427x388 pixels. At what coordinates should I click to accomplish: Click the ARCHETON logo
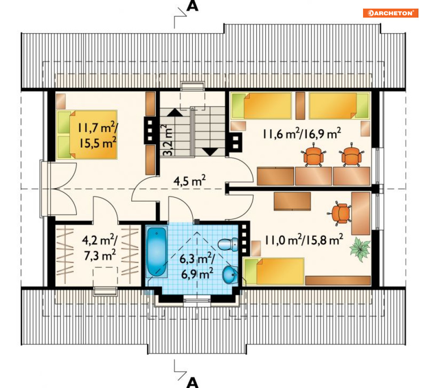[390, 13]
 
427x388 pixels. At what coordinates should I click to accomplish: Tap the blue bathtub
[156, 251]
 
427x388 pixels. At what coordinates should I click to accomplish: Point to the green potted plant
[360, 249]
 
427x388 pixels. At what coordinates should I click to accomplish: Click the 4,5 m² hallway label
[189, 181]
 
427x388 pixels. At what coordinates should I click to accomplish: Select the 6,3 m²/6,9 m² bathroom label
[197, 266]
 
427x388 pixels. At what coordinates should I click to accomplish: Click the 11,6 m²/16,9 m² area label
[301, 134]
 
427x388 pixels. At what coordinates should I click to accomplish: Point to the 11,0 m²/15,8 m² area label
[304, 240]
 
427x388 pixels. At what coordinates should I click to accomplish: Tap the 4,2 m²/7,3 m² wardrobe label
[100, 247]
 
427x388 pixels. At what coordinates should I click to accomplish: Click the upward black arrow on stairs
[175, 113]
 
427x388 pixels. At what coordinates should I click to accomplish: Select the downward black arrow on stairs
[210, 152]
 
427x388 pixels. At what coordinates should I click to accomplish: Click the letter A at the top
[192, 6]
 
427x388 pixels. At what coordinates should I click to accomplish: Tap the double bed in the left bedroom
[87, 134]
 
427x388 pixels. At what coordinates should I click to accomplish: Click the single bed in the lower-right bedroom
[273, 272]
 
